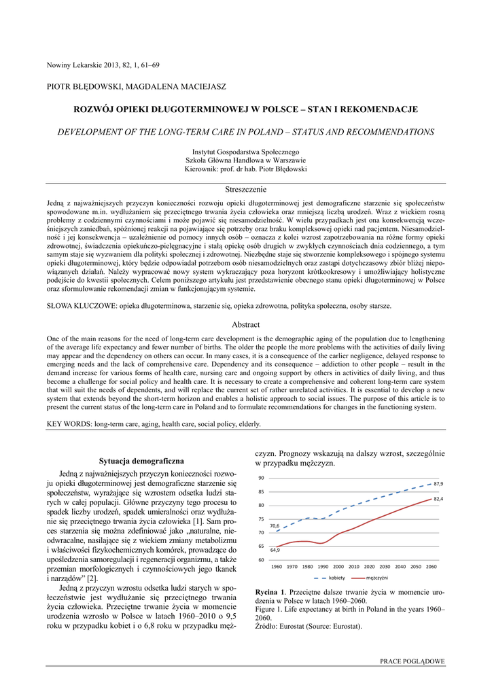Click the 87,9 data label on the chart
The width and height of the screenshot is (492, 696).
point(438,483)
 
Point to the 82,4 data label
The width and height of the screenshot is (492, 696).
point(438,499)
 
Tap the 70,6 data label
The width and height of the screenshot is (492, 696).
point(275,525)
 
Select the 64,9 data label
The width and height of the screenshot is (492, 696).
point(275,549)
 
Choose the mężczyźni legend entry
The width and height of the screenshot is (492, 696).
point(376,578)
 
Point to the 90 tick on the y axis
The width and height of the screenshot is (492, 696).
point(261,478)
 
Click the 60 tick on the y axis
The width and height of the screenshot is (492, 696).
point(261,559)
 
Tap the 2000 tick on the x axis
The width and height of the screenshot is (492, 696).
point(338,566)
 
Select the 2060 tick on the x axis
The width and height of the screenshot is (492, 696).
point(431,566)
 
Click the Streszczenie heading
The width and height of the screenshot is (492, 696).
point(245,189)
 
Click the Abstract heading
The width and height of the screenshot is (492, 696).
point(245,325)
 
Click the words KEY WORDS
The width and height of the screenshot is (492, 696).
point(69,423)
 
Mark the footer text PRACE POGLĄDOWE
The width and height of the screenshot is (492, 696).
point(412,661)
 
